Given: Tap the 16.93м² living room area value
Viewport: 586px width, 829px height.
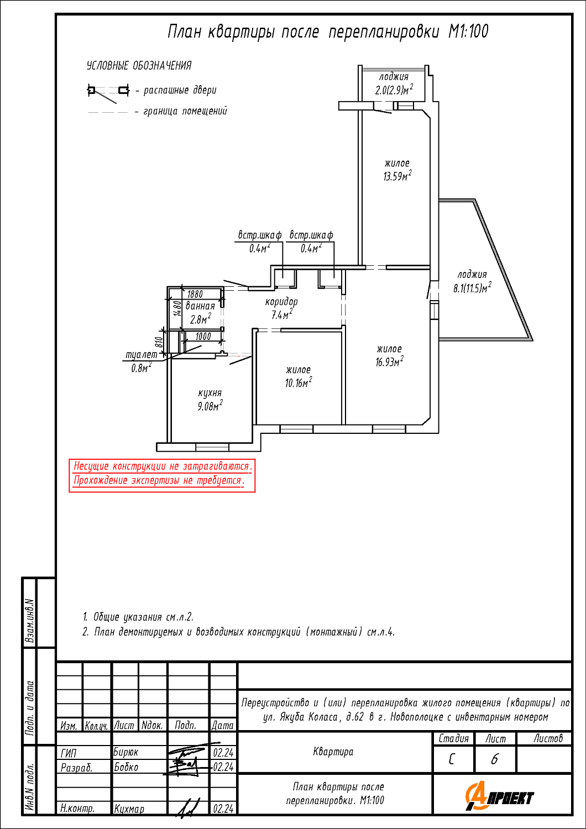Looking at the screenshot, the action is [x=389, y=361].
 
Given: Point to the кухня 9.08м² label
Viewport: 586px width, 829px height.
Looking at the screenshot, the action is [x=210, y=400].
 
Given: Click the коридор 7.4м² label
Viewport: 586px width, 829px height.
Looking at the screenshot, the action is [x=281, y=308].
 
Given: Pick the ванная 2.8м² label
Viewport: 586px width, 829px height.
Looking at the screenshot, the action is [x=200, y=313].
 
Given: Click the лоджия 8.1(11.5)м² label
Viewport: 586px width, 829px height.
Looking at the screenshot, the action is [x=472, y=281].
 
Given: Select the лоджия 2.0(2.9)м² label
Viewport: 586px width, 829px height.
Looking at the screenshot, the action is [x=394, y=83].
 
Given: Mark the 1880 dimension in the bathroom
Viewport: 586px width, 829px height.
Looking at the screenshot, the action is [x=195, y=294].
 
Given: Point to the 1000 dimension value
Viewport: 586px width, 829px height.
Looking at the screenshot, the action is [x=203, y=337].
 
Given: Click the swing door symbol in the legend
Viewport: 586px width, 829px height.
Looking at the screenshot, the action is [x=108, y=93].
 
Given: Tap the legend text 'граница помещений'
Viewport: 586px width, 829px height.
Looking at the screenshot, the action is [x=185, y=111].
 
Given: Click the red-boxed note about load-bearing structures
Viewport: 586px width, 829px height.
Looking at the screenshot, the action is [x=162, y=475].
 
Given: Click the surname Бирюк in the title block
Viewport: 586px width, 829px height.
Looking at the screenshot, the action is [x=126, y=752].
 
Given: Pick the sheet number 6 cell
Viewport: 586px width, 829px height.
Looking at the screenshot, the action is [x=495, y=759].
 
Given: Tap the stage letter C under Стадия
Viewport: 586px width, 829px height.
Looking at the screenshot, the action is [x=452, y=759].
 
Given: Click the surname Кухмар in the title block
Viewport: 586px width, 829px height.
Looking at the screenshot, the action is [x=129, y=809].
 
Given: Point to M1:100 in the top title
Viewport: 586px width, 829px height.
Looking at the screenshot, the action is [x=468, y=32].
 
